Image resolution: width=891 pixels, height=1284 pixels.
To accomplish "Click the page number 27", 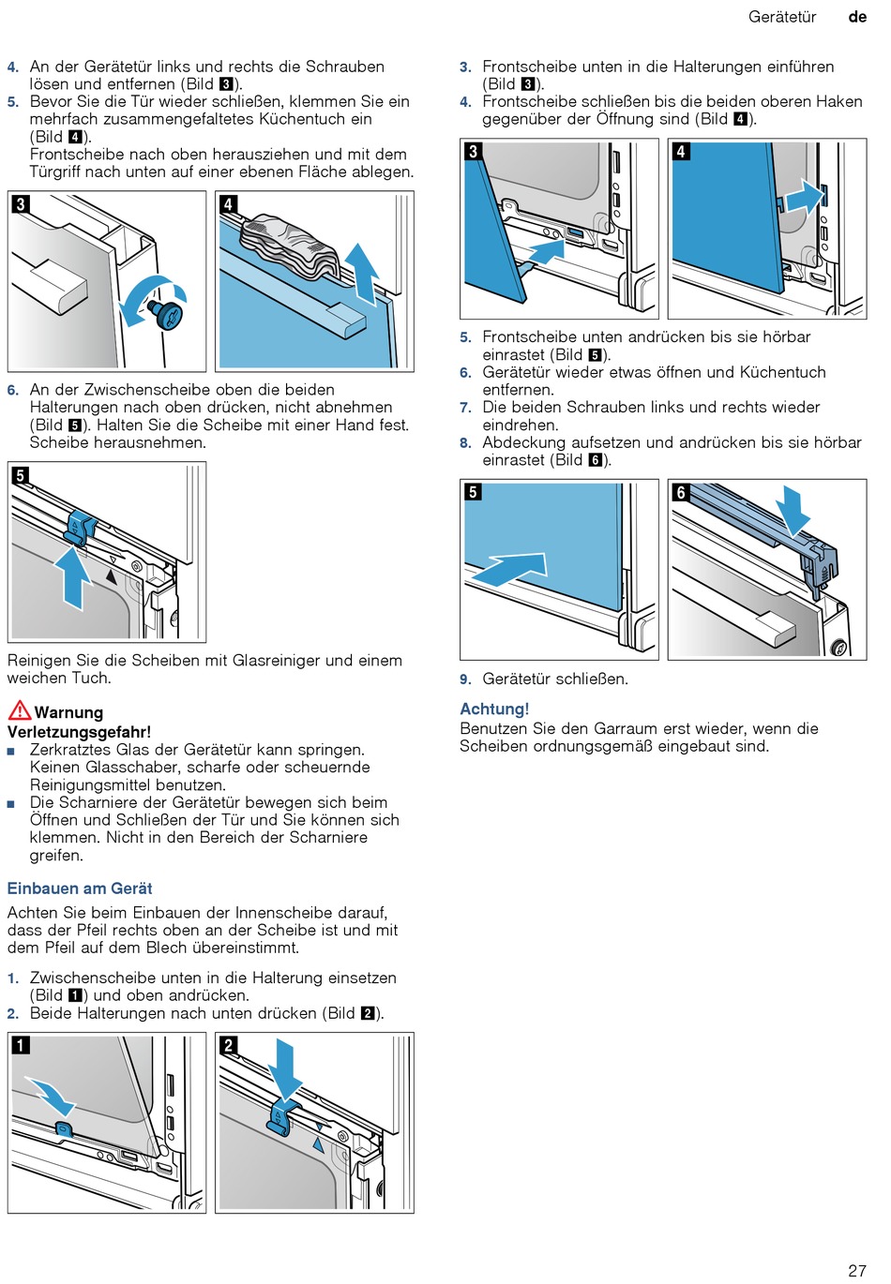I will [x=856, y=1270].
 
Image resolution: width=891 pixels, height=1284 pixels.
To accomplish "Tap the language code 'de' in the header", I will [x=857, y=17].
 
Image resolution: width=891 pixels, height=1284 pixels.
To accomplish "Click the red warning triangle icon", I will [x=19, y=709].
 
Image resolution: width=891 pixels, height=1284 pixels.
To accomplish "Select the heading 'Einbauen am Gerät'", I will [x=80, y=888].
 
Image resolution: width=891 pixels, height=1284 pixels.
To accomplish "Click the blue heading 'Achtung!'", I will [x=494, y=709].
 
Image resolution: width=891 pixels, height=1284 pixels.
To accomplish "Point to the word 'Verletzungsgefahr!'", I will [x=79, y=732].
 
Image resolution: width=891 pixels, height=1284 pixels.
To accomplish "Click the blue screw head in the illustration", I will [x=170, y=314].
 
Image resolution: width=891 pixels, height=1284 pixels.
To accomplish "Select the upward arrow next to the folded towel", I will [x=362, y=272].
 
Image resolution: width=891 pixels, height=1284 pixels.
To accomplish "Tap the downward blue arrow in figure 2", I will [x=284, y=1068].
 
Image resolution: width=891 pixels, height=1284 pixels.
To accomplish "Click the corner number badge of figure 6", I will [x=681, y=492].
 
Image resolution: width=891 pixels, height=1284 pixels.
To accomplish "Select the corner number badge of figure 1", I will [x=21, y=1045].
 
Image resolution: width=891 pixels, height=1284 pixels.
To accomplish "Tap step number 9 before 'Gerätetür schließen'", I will [x=465, y=679].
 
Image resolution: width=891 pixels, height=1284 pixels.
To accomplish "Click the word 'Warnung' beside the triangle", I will [x=68, y=712].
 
